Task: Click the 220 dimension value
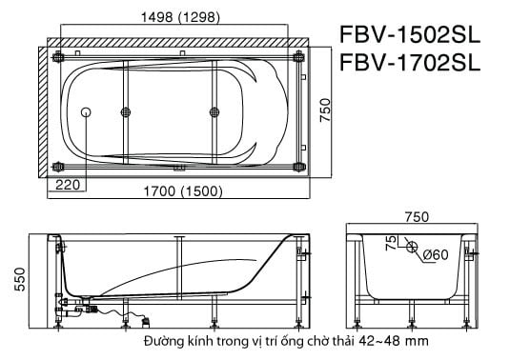pyautogui.click(x=68, y=185)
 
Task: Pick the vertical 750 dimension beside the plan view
pyautogui.click(x=324, y=111)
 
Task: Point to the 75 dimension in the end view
pyautogui.click(x=389, y=244)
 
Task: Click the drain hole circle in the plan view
pyautogui.click(x=88, y=112)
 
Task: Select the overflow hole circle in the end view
pyautogui.click(x=411, y=250)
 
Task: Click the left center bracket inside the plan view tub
pyautogui.click(x=126, y=112)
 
